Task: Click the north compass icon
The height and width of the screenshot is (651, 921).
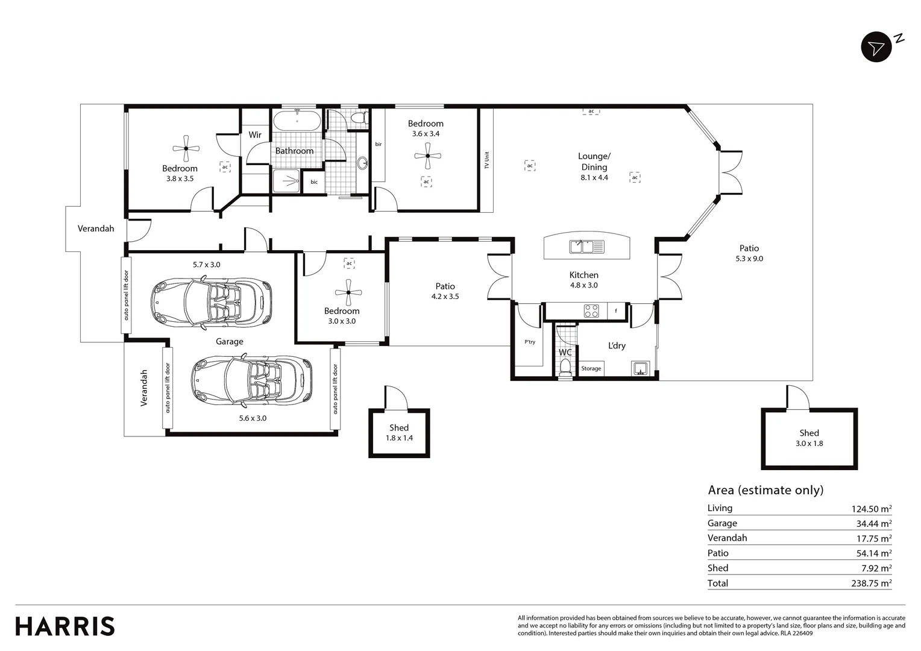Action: coord(876,47)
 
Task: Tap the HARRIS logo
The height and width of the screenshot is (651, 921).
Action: coord(65,626)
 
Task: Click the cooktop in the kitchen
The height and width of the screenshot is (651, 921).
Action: coord(591,311)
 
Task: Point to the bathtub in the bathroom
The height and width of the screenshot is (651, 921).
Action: coord(297,121)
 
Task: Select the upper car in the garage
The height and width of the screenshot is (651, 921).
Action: coord(211,303)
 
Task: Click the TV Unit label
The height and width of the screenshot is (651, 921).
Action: coord(486,160)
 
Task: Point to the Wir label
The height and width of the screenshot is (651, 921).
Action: coord(255,135)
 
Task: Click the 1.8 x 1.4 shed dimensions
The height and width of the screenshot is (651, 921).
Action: coord(399,438)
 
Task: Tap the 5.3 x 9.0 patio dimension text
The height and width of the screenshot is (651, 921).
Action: coord(749,259)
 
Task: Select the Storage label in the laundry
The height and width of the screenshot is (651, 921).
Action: coord(591,368)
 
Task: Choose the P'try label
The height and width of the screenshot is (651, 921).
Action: coord(530,342)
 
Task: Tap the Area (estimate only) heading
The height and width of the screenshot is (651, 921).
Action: coord(765,490)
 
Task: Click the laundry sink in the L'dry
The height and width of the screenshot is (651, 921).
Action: coord(640,368)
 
